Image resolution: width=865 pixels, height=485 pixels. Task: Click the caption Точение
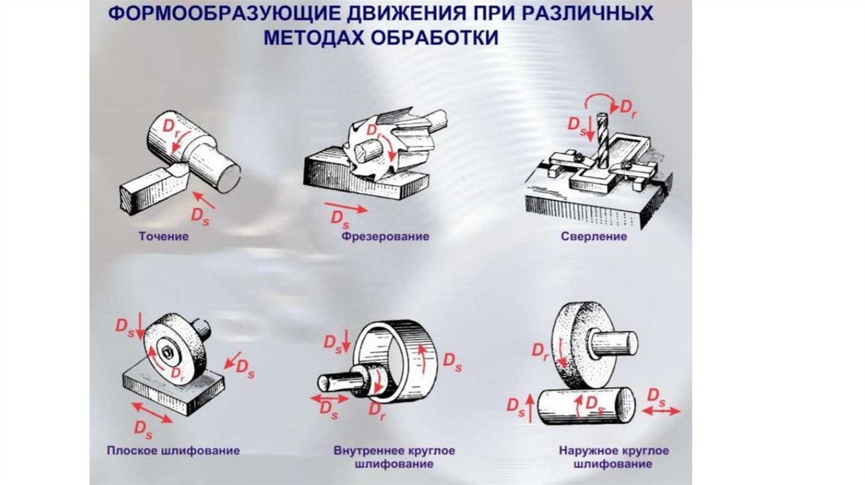pyautogui.click(x=163, y=237)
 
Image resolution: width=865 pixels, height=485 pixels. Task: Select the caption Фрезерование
pyautogui.click(x=385, y=237)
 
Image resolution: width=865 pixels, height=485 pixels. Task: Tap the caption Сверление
pyautogui.click(x=593, y=237)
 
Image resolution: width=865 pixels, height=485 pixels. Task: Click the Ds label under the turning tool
pyautogui.click(x=199, y=215)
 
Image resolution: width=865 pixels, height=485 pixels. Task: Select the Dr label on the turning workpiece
pyautogui.click(x=171, y=125)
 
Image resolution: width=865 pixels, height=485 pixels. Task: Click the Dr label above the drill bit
pyautogui.click(x=629, y=107)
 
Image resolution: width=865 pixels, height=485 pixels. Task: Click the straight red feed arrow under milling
pyautogui.click(x=346, y=207)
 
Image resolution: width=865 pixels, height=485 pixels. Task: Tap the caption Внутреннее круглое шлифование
pyautogui.click(x=394, y=457)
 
